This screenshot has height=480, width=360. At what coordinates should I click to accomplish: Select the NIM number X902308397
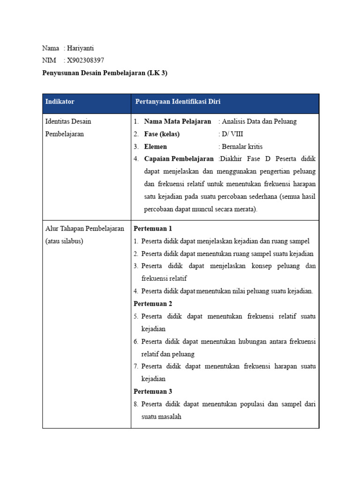click(x=86, y=60)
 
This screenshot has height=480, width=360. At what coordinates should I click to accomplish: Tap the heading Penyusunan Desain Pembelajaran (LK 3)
click(x=105, y=73)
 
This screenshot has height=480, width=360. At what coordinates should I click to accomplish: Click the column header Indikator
click(x=60, y=102)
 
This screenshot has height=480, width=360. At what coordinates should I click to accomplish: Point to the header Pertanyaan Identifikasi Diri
click(x=178, y=102)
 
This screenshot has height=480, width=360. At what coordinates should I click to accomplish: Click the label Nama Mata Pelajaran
click(x=178, y=121)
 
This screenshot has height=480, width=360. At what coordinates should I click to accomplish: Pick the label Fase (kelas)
click(x=162, y=134)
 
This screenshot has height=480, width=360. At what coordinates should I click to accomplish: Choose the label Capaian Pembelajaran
click(x=179, y=159)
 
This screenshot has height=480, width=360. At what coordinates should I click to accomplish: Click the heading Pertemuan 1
click(x=153, y=229)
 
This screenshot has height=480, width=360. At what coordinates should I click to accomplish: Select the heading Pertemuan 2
click(x=153, y=304)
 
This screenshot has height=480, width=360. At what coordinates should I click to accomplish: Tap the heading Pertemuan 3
click(x=153, y=391)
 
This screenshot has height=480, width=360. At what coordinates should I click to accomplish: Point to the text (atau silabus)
click(x=64, y=241)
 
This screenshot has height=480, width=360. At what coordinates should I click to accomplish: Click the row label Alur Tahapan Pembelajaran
click(x=84, y=229)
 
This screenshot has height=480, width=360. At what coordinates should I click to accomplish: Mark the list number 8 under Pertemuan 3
click(x=136, y=404)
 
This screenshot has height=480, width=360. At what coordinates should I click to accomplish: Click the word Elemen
click(x=156, y=147)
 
